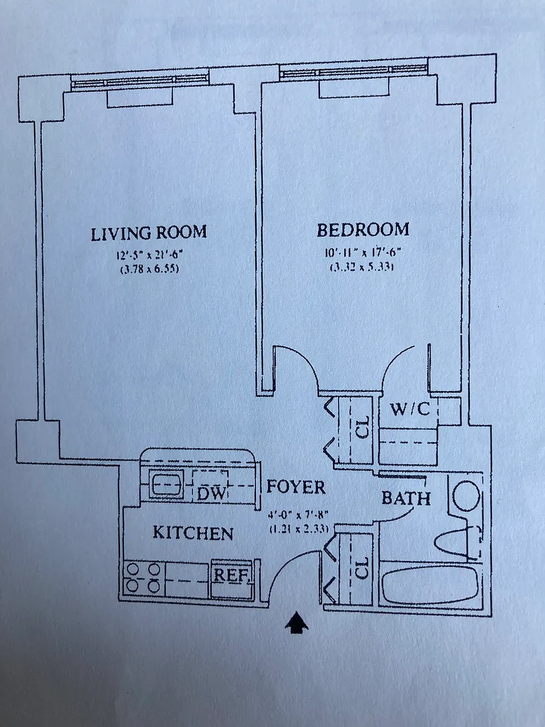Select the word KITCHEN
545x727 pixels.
(x=193, y=533)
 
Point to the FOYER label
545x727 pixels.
(x=296, y=487)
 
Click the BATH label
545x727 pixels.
(x=406, y=498)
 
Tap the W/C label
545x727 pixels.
(x=409, y=409)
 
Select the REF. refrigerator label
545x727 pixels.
(x=233, y=575)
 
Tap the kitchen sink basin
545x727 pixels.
(x=167, y=485)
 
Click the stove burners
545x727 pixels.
(x=143, y=577)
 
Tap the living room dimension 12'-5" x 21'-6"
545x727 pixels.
(x=149, y=256)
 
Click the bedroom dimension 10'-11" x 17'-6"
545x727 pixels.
(x=362, y=253)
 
